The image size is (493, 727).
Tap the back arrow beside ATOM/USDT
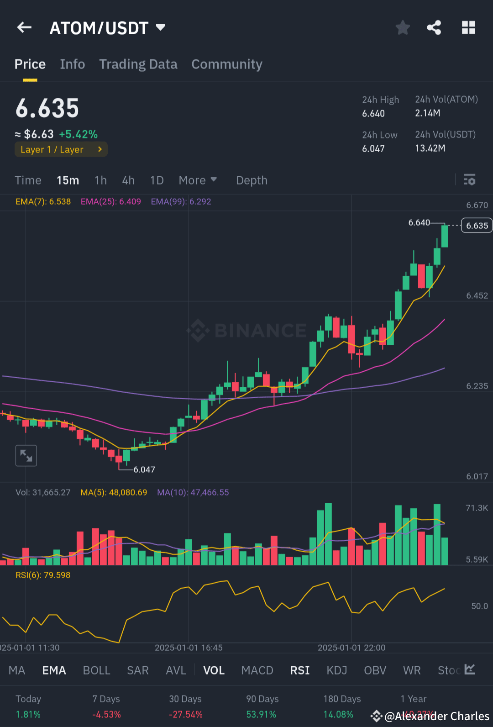click(24, 28)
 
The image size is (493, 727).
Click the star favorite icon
click(403, 28)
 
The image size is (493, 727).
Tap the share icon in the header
click(434, 28)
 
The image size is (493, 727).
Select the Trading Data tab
click(138, 64)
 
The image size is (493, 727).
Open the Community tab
click(227, 64)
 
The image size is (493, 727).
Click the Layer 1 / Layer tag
click(61, 149)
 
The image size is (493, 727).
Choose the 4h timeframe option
click(128, 180)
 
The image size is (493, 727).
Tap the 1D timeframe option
click(157, 180)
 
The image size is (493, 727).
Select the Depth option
click(252, 180)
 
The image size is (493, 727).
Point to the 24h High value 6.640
click(373, 114)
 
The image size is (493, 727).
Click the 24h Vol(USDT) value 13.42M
click(430, 148)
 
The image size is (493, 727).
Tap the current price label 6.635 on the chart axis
click(477, 226)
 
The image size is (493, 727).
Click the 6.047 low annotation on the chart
click(144, 469)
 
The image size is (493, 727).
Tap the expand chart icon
click(26, 456)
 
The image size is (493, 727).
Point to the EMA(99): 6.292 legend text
click(181, 201)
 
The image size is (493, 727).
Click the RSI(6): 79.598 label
click(43, 575)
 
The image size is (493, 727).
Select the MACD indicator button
click(257, 670)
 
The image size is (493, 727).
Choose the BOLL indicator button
click(96, 670)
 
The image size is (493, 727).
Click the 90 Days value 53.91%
click(261, 714)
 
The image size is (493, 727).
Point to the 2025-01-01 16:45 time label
click(189, 648)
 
